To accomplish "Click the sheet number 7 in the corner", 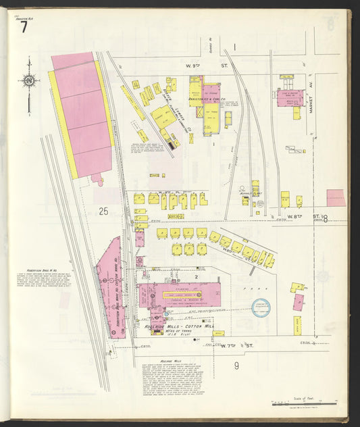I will click(x=24, y=28).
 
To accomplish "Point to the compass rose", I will click(x=28, y=82).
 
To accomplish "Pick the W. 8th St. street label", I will click(x=295, y=216).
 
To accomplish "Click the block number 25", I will click(x=103, y=211).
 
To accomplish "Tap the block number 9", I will click(x=236, y=366).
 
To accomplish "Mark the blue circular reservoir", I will click(x=261, y=308).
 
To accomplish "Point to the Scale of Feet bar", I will click(x=303, y=403).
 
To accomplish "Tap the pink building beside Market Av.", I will click(x=290, y=97).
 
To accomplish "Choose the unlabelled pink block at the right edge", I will click(x=336, y=197).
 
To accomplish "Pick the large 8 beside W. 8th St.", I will click(x=325, y=218).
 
